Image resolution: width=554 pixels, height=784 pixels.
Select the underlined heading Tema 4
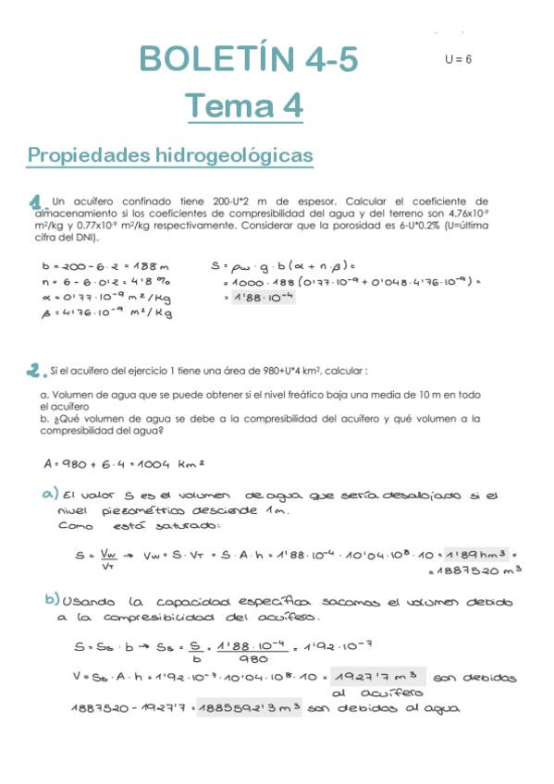click(244, 106)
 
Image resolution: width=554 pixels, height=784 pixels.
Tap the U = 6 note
click(458, 59)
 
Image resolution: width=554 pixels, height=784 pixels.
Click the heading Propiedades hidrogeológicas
click(170, 155)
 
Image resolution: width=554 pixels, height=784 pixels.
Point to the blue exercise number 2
click(34, 372)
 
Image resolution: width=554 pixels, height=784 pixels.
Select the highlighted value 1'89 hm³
click(474, 555)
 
